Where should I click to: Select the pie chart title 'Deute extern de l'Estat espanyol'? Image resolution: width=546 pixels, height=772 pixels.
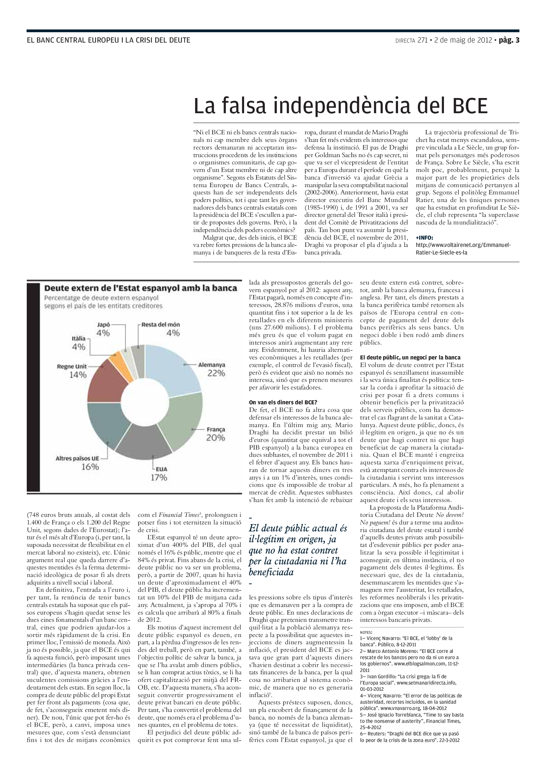pyautogui.click(x=141, y=288)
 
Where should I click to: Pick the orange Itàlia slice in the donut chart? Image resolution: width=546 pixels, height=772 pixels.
pyautogui.click(x=116, y=358)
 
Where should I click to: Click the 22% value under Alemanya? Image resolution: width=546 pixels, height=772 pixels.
pyautogui.click(x=216, y=373)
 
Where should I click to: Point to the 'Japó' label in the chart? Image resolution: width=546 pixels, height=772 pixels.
pyautogui.click(x=103, y=325)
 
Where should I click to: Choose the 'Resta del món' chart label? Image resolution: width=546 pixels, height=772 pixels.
pyautogui.click(x=161, y=325)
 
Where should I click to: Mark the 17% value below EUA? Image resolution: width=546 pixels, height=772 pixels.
pyautogui.click(x=159, y=477)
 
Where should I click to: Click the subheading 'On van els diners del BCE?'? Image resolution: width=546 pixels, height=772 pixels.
pyautogui.click(x=283, y=402)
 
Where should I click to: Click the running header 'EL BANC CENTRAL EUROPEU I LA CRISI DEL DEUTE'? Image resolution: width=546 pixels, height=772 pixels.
pyautogui.click(x=108, y=40)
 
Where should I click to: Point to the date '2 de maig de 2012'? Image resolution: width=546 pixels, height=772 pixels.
pyautogui.click(x=463, y=40)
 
